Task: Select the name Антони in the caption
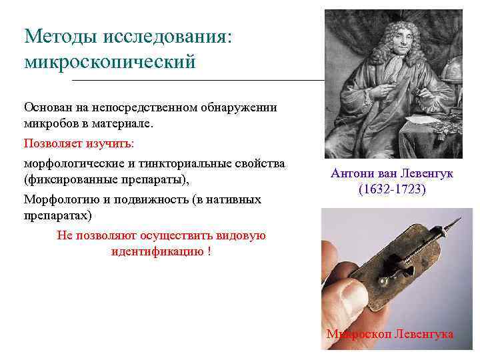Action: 350,173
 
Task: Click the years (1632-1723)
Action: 391,189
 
